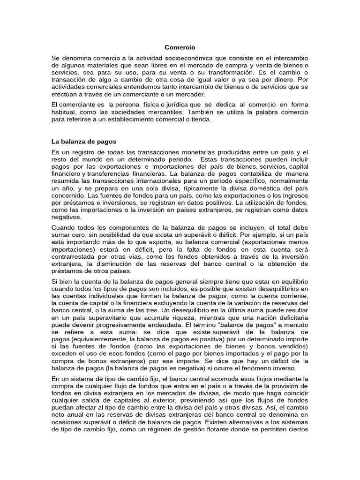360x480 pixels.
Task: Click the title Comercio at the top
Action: tap(180, 47)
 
